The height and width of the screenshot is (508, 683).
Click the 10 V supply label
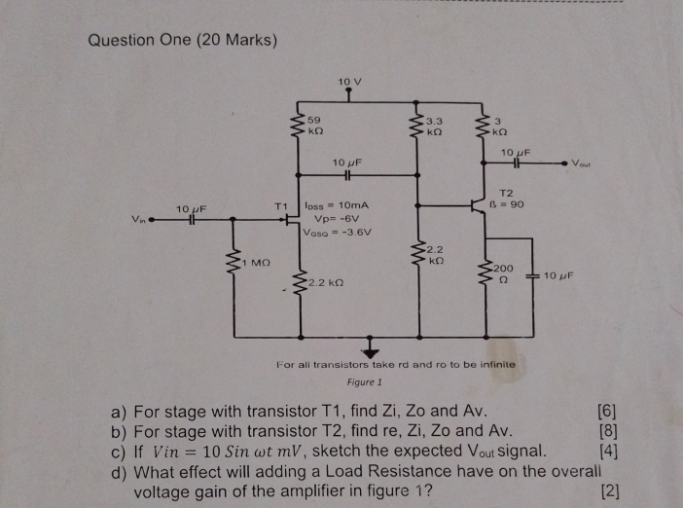coord(350,80)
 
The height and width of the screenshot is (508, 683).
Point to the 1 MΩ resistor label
coord(258,261)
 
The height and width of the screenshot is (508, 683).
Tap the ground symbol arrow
coord(371,348)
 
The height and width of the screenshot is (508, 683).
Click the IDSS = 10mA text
coord(338,206)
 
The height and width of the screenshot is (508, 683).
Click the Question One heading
coord(183,40)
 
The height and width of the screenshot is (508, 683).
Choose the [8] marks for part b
coord(610,430)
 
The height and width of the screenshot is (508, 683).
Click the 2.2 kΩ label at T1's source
coord(326,282)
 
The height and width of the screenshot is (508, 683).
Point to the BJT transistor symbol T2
coord(478,205)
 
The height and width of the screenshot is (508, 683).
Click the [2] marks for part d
coord(610,490)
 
